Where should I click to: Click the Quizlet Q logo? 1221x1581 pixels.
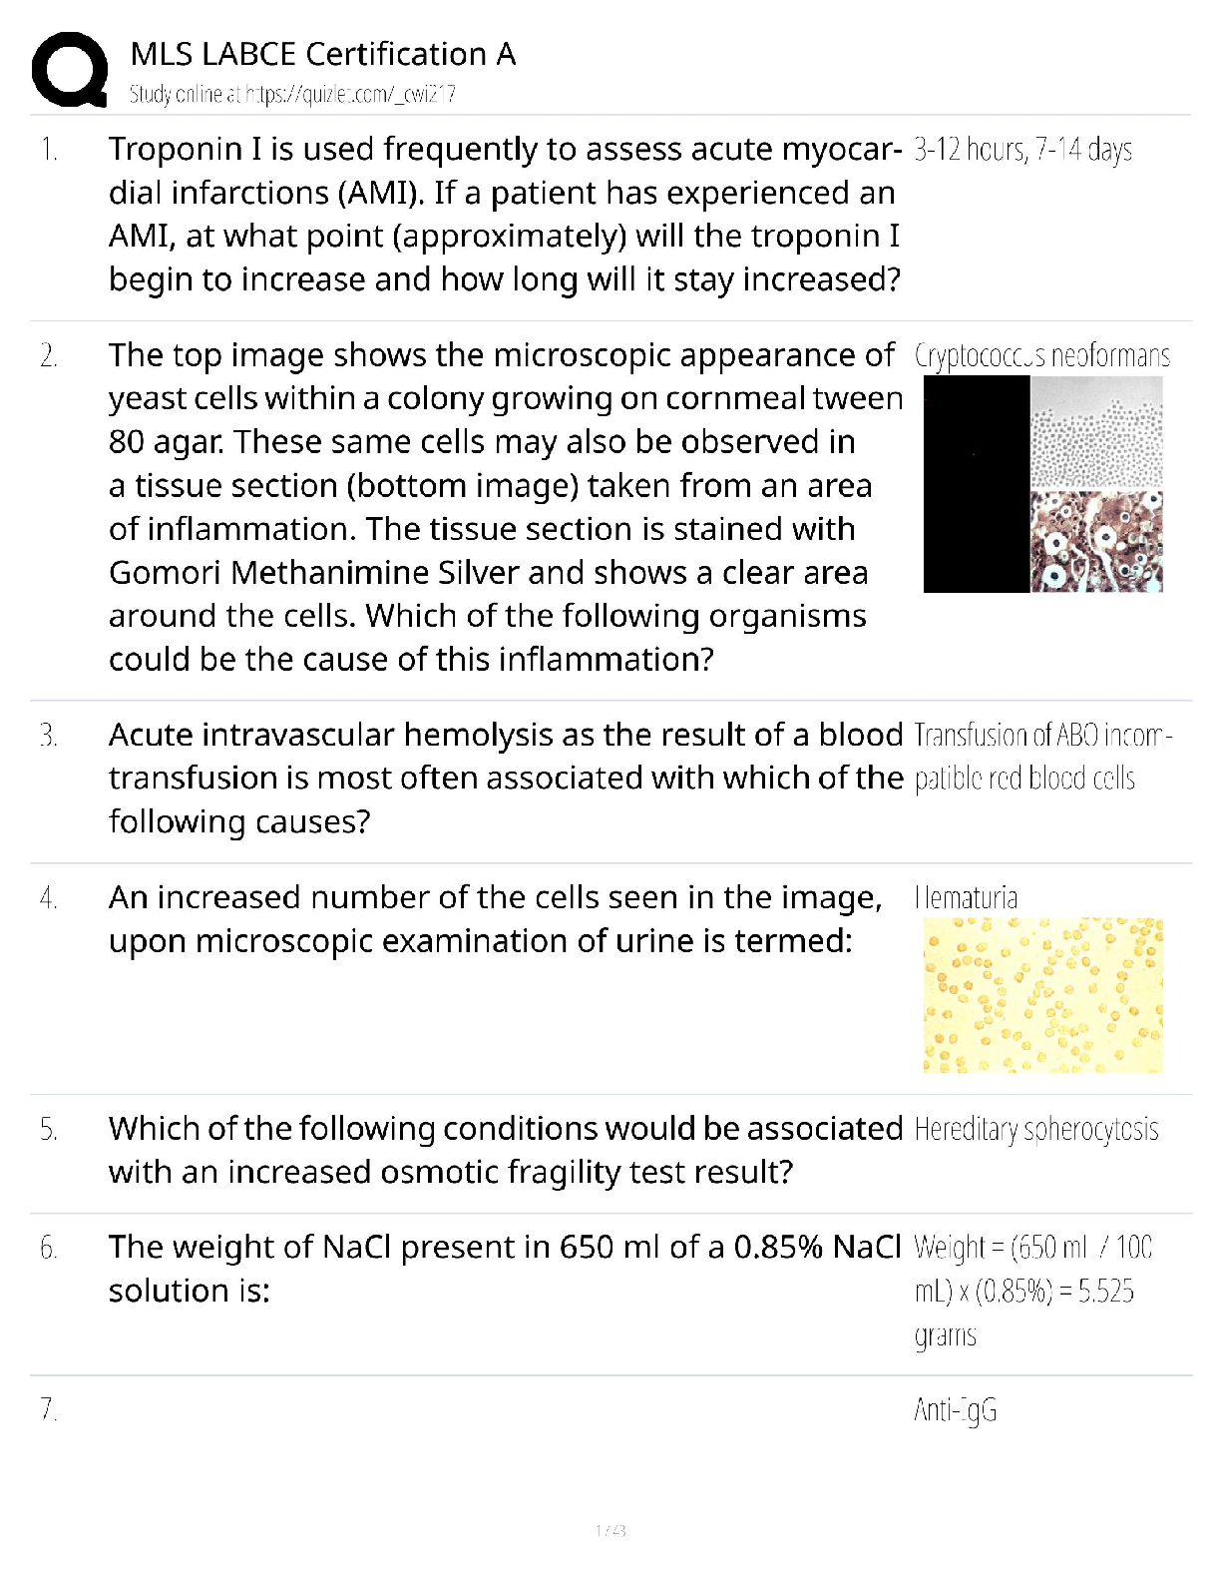69,69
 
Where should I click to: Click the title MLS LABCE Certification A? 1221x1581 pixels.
323,54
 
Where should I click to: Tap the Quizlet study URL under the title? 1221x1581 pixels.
292,95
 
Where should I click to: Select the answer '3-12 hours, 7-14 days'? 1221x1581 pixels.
1022,151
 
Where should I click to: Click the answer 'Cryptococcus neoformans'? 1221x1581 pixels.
1041,356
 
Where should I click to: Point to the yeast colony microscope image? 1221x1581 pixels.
1095,433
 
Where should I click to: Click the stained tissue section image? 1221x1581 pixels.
1095,541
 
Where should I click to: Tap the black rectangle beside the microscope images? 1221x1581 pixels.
977,484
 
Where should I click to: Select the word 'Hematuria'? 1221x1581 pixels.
966,898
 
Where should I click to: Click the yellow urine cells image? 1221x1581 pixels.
1042,995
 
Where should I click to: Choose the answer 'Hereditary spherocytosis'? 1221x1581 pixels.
1035,1130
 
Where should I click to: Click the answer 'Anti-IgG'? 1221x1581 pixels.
955,1410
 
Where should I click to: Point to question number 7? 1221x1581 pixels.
48,1409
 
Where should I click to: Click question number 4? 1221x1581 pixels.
48,898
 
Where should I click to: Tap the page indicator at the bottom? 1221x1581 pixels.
610,1530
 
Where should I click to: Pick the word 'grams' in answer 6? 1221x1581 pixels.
945,1335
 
